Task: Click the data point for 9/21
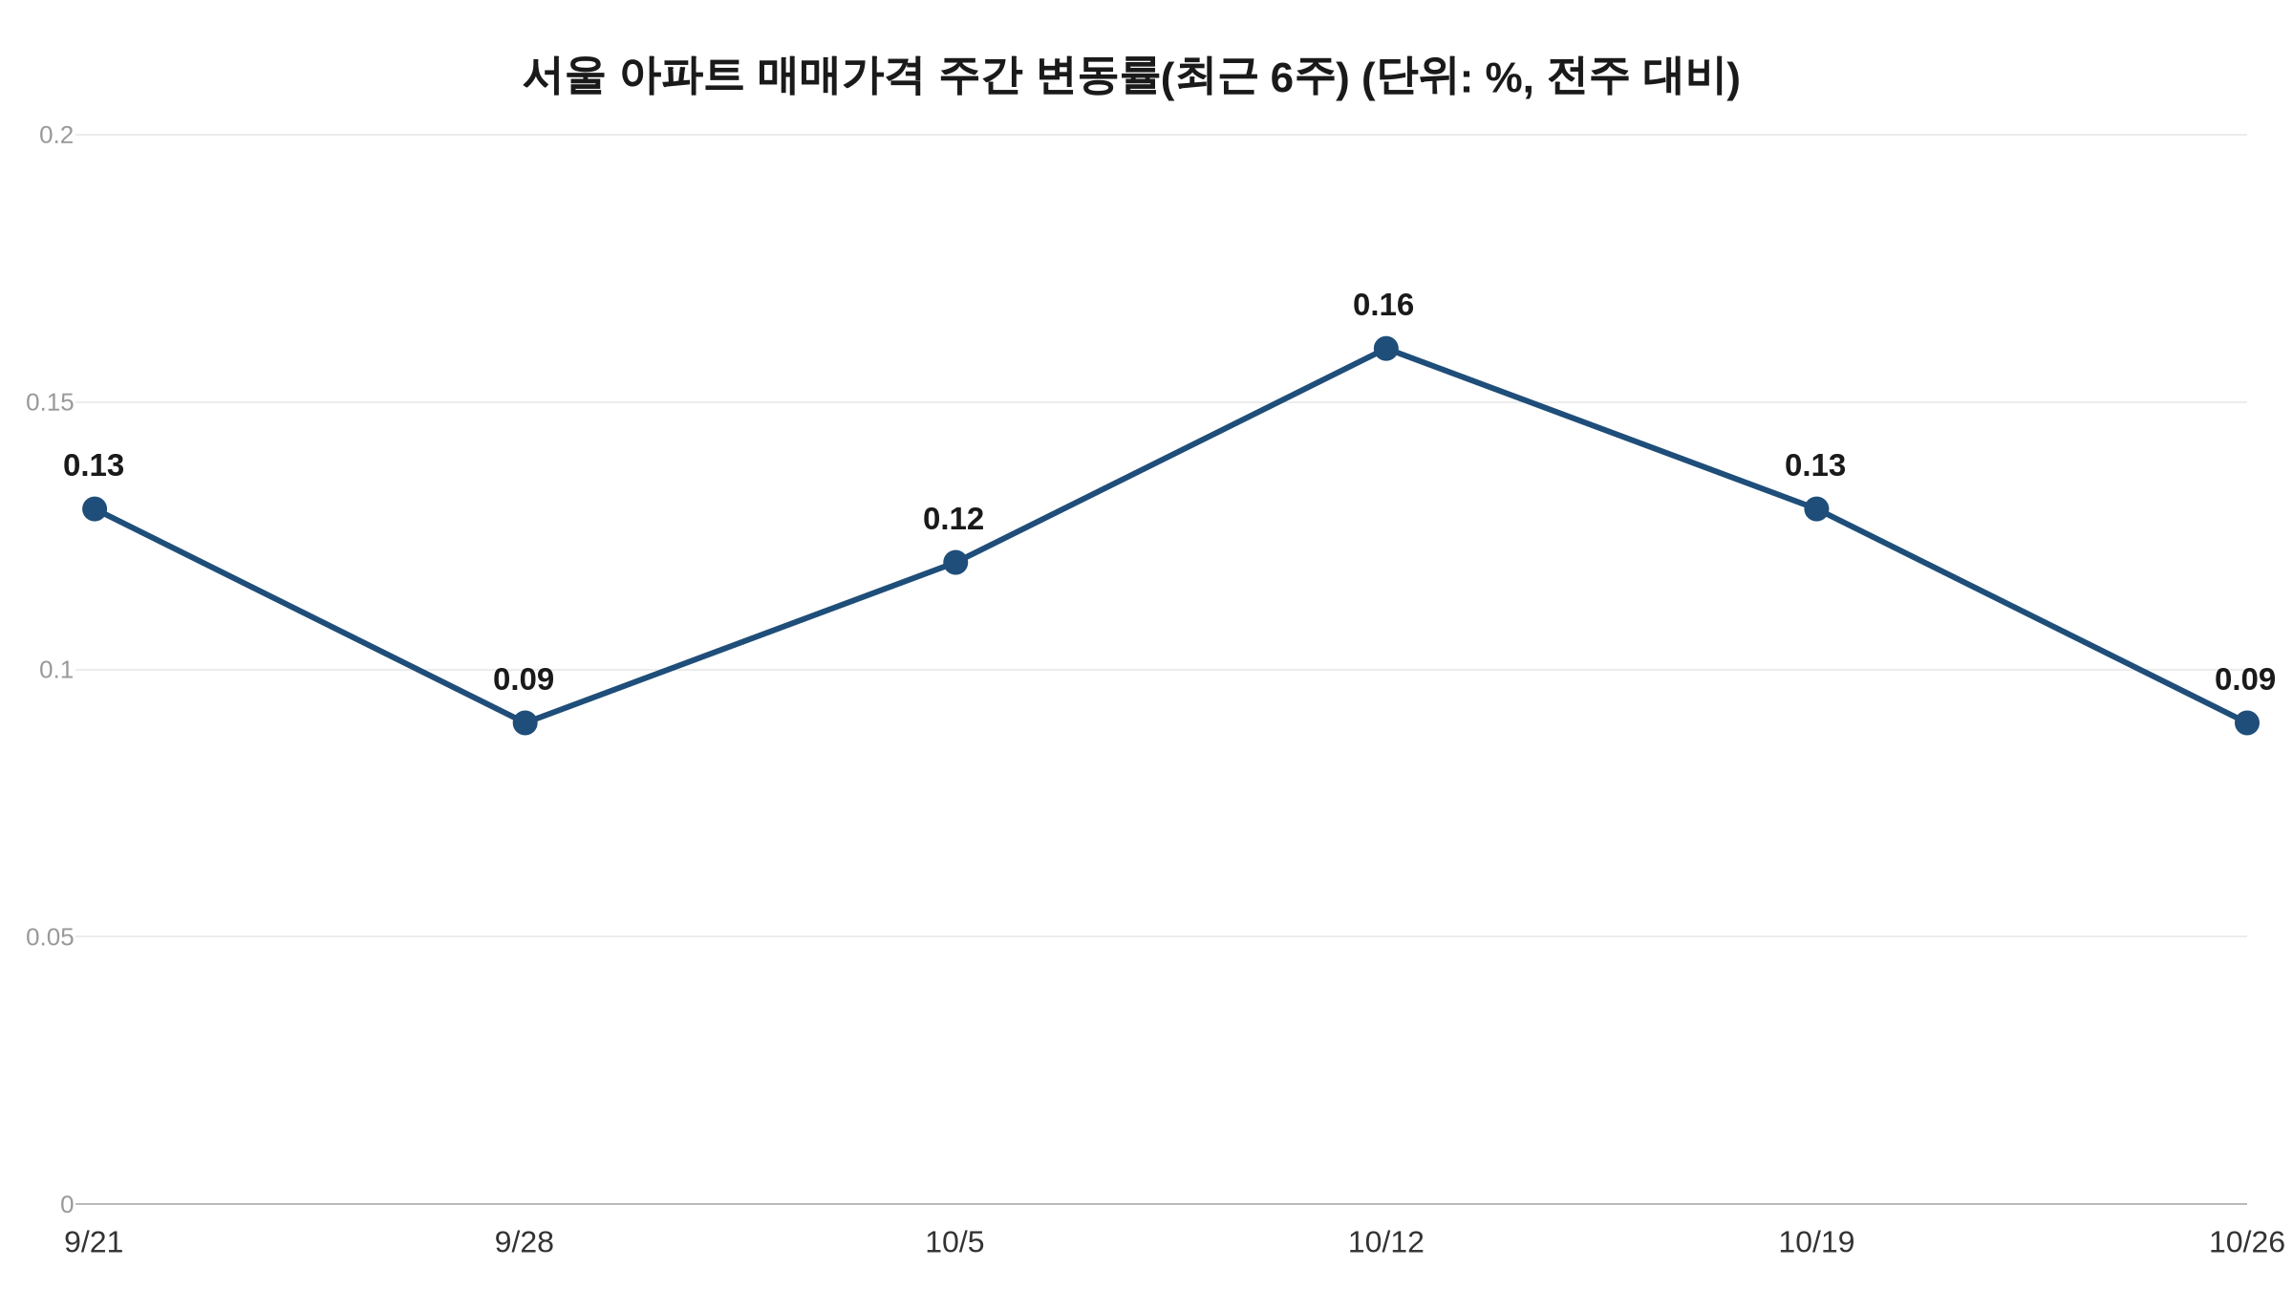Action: (95, 508)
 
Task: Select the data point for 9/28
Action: (525, 722)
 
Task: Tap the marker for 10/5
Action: (955, 562)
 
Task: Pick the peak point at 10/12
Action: (1385, 349)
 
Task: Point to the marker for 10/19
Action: (1816, 508)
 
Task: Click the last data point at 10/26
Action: (2247, 722)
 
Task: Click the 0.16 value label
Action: (1383, 306)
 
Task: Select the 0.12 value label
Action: (954, 520)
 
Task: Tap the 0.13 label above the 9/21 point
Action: (94, 466)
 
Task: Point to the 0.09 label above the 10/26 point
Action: (2245, 680)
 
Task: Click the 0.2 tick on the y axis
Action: (56, 136)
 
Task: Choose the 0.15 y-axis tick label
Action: (50, 403)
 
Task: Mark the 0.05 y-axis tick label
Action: (50, 937)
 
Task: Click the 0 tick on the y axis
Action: (67, 1205)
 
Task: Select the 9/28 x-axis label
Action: (525, 1242)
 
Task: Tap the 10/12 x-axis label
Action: (1385, 1242)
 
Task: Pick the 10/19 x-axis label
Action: (1816, 1242)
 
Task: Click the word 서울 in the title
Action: (564, 76)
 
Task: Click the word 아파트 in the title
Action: (681, 76)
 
